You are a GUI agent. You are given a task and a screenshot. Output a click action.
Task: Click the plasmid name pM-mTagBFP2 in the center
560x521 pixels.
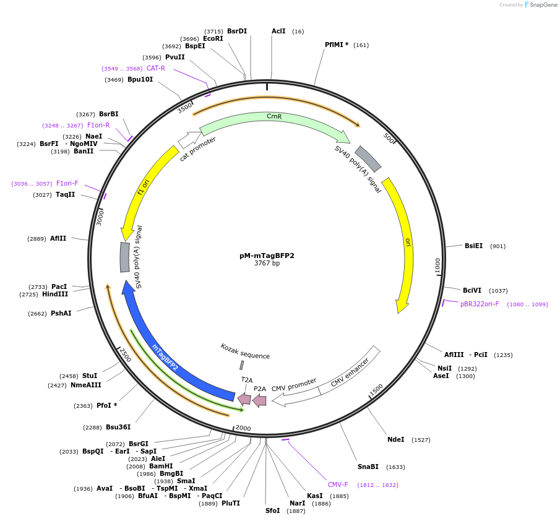(267, 255)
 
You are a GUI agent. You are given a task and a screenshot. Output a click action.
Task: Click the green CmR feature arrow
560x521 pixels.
(272, 119)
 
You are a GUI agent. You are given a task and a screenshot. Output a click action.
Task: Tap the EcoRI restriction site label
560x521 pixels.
(213, 38)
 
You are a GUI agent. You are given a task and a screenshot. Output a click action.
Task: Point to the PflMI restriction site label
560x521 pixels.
(337, 45)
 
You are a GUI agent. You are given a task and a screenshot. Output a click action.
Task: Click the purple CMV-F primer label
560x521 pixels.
(338, 484)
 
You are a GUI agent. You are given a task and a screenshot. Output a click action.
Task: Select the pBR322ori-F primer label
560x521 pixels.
(480, 304)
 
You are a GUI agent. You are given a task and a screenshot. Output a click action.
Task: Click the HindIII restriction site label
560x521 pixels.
(55, 294)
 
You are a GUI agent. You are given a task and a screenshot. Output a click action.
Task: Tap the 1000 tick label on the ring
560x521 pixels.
(438, 264)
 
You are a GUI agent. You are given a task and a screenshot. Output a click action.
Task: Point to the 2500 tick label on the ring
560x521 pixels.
(125, 355)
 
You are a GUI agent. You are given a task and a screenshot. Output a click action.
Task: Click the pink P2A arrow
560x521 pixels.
(259, 400)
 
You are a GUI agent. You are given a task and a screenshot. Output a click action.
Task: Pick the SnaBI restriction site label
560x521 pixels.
(368, 467)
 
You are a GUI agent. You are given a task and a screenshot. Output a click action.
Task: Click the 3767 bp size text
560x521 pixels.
(267, 263)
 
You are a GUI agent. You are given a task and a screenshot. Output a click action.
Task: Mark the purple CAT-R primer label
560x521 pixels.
(156, 68)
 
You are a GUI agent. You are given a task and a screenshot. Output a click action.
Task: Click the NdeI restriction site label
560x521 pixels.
(395, 439)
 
